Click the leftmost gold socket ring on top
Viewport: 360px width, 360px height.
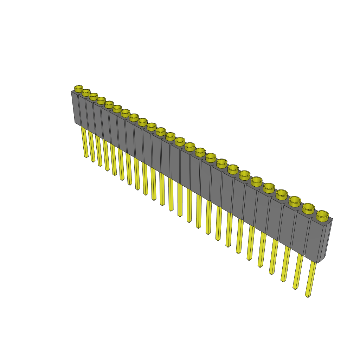[78, 88]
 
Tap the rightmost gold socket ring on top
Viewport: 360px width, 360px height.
[322, 215]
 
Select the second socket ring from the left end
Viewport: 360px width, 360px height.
[86, 92]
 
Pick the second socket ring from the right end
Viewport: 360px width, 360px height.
[308, 208]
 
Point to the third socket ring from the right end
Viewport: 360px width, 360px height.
[295, 201]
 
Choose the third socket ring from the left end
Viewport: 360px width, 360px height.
[93, 96]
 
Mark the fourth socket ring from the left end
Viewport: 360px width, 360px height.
[101, 100]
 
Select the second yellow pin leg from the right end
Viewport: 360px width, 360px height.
[298, 271]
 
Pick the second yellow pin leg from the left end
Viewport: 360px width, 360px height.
[91, 146]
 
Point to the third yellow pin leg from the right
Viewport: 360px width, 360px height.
[286, 264]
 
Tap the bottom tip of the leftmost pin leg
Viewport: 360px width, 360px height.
[86, 157]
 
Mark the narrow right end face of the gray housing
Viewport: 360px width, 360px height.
[328, 239]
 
